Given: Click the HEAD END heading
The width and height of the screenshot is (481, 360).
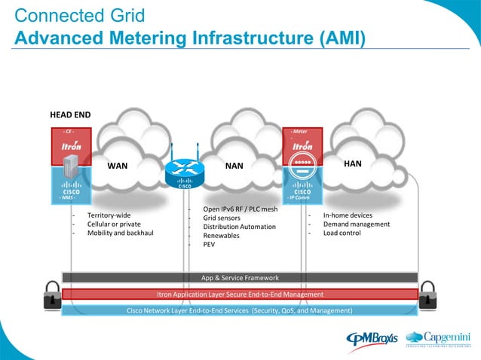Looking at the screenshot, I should point(70,115).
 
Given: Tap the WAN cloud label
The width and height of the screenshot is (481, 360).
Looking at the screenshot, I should point(117,164).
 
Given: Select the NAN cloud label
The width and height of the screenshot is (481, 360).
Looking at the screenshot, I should point(234,164).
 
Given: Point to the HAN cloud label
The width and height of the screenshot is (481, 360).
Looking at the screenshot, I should point(353,163).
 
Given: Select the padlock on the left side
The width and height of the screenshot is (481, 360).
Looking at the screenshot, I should point(51,294).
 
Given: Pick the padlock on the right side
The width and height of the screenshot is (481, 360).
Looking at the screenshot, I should point(427,294).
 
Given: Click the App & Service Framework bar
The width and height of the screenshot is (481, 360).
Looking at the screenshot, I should point(240,277).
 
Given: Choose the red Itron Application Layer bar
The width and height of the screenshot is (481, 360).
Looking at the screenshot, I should point(240,294).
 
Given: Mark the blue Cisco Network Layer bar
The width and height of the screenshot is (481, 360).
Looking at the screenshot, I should point(240,310).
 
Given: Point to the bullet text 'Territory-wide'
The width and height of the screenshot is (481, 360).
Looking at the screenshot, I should point(109,215).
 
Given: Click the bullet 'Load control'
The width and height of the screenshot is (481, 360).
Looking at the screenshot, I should point(342,233).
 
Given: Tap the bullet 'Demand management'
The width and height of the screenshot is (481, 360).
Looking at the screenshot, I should point(352,224).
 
